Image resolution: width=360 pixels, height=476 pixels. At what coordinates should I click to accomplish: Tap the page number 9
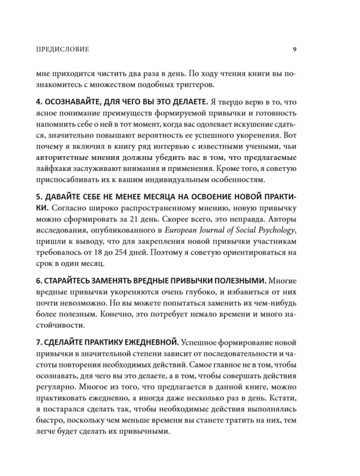click(295, 49)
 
